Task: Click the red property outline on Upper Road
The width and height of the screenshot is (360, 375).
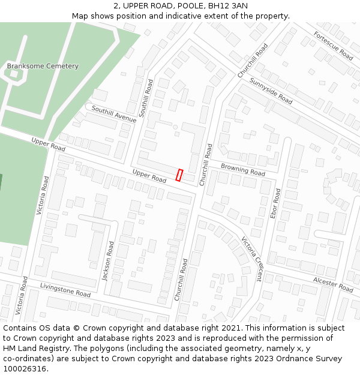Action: [179, 175]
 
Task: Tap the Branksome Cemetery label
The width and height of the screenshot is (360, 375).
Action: [43, 66]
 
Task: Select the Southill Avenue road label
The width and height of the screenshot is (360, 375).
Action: [114, 115]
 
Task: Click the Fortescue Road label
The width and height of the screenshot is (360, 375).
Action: [333, 46]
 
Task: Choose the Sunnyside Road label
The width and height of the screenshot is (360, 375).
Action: [271, 91]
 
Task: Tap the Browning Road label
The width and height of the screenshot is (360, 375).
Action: [242, 169]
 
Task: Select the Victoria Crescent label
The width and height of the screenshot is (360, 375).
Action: [251, 259]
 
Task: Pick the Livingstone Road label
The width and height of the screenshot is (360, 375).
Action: [65, 290]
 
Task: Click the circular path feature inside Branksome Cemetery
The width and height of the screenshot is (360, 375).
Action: [13, 74]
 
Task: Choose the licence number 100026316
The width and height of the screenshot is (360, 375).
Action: [25, 369]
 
